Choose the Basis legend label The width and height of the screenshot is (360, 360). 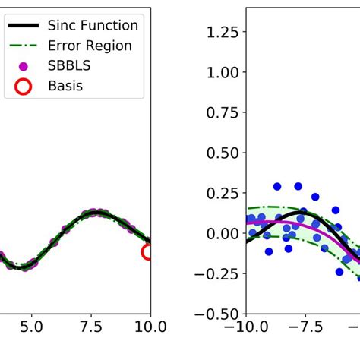pos(65,86)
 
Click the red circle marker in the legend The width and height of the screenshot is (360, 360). pos(23,87)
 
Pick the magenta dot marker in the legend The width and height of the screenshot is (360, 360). pos(23,67)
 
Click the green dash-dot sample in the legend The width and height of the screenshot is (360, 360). pos(23,46)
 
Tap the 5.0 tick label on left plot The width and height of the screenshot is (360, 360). pos(31,327)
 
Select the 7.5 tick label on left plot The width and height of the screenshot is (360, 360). pos(91,327)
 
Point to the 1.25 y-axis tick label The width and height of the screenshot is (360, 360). pos(220,32)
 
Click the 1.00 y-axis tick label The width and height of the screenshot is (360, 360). pos(220,72)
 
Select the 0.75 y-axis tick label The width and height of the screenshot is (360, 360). pos(220,112)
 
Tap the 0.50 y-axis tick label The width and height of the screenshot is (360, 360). pos(220,153)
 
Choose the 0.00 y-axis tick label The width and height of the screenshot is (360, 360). pos(220,233)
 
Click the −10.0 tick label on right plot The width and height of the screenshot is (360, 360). pos(245,327)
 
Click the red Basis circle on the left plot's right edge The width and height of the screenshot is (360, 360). pos(148,251)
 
